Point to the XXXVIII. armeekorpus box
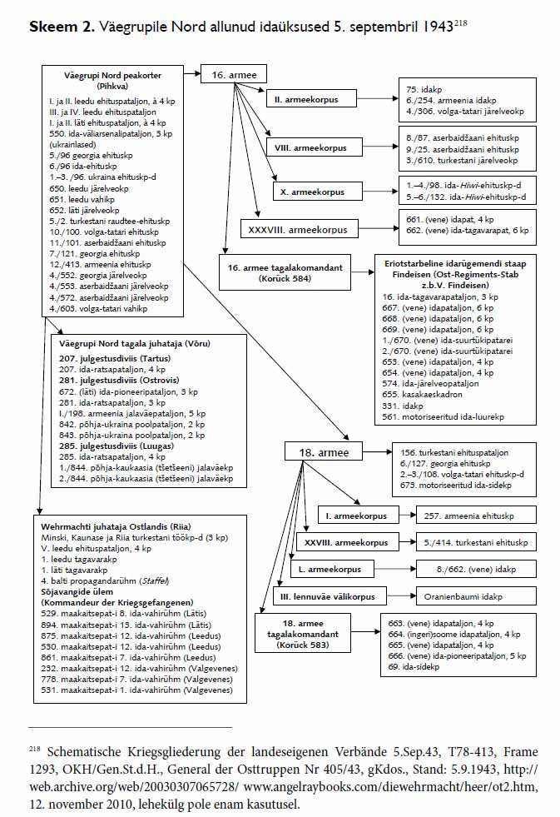[297, 229]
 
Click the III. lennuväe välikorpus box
[325, 596]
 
